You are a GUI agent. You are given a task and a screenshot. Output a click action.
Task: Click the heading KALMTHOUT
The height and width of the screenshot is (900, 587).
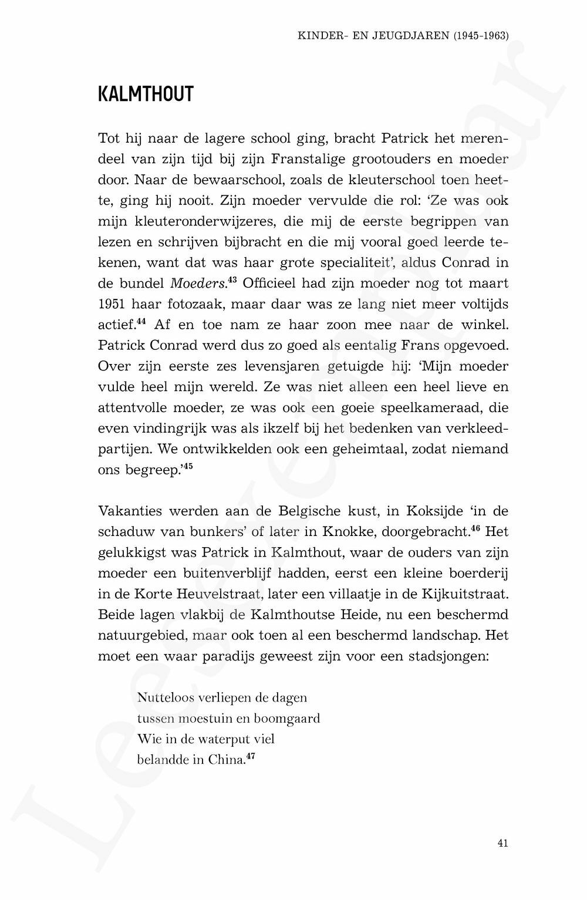click(146, 94)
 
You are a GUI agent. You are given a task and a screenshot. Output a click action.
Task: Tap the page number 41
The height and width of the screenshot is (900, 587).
click(502, 843)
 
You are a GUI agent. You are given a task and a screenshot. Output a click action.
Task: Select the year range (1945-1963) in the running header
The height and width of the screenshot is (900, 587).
click(481, 36)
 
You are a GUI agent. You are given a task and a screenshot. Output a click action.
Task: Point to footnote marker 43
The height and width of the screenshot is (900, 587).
click(232, 280)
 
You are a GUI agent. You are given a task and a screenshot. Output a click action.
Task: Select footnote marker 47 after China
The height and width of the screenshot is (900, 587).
click(251, 756)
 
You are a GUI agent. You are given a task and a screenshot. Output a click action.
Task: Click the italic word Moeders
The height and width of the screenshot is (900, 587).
click(197, 284)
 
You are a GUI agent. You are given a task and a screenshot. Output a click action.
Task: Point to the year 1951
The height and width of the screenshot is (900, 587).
click(112, 304)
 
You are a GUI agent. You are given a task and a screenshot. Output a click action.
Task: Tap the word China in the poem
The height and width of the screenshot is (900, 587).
click(226, 760)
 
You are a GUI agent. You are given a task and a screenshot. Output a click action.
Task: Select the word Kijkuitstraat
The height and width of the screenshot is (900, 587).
click(465, 594)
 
